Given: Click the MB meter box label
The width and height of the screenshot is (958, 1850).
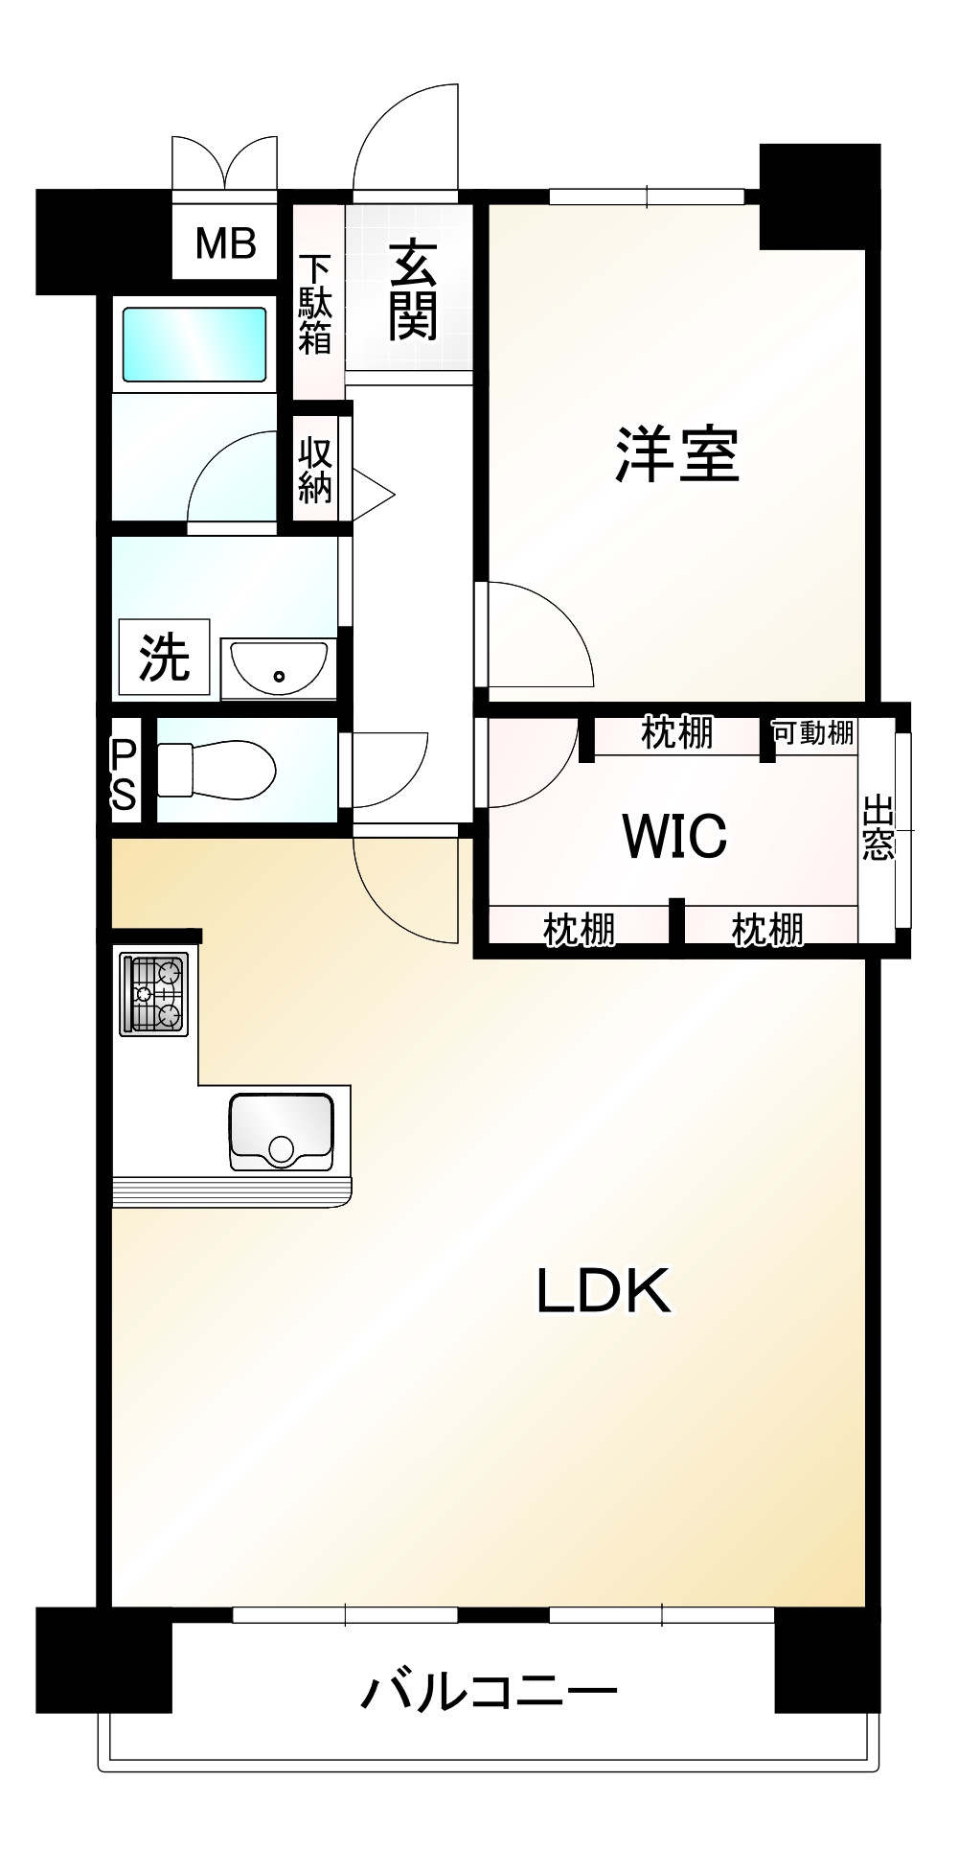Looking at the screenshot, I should pos(226,244).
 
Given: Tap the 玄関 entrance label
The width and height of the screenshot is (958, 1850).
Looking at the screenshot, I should pos(413,290).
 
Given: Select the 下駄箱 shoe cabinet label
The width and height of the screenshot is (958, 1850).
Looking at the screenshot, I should pos(314,304).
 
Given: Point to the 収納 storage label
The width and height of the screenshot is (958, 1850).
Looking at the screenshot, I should pos(315,470).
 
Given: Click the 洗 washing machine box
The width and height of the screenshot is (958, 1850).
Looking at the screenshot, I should pos(164,657).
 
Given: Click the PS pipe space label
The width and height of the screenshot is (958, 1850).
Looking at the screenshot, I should pos(124,774).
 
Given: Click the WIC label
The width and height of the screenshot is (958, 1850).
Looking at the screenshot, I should pos(674,836).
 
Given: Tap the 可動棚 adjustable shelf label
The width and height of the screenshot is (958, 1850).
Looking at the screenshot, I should pos(813,733).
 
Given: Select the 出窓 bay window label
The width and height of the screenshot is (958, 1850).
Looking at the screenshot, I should pos(878,828).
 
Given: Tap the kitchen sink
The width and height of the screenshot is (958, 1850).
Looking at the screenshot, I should pos(281,1132).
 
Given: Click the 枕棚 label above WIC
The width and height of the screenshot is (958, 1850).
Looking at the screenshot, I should pos(677,733).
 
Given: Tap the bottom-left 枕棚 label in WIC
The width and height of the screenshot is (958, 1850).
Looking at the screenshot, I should pos(580,929).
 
